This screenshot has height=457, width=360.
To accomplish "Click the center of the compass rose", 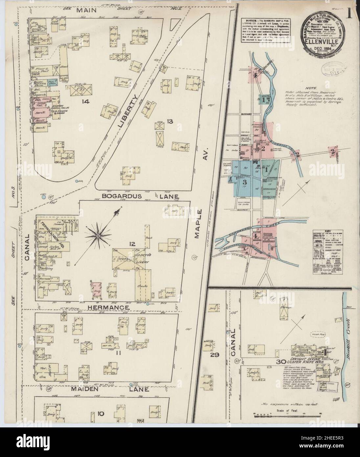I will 98,235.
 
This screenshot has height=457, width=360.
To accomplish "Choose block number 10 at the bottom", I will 101,413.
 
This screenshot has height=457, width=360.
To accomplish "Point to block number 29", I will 216,355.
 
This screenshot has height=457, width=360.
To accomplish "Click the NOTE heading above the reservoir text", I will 309,88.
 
